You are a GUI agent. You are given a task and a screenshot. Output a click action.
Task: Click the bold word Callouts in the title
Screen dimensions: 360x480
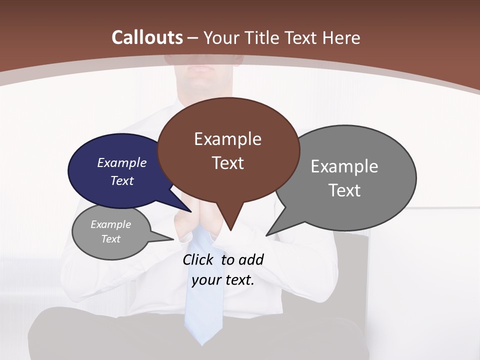[x=147, y=37]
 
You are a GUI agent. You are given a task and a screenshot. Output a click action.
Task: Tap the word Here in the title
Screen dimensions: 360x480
[x=342, y=37]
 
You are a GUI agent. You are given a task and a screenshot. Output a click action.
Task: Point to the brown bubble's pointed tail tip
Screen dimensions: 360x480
[x=230, y=230]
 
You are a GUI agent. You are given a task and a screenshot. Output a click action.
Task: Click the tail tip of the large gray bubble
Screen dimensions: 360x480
[x=266, y=235]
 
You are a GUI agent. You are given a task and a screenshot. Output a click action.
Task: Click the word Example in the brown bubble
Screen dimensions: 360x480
[x=227, y=139]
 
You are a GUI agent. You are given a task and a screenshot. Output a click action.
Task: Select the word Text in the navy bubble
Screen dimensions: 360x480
[x=122, y=180]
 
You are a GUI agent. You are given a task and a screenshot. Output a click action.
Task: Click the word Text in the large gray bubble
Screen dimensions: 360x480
[x=344, y=190]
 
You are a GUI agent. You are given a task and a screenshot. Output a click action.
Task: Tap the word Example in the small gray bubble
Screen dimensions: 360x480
[x=110, y=224]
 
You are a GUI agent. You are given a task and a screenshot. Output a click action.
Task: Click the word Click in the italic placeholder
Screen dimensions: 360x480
[x=199, y=259]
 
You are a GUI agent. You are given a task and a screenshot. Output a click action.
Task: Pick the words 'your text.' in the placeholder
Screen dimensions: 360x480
[x=223, y=280]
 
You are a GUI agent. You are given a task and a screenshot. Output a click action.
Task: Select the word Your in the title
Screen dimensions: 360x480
[x=220, y=37]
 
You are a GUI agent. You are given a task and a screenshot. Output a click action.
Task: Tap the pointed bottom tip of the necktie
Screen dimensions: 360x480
[x=202, y=344]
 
